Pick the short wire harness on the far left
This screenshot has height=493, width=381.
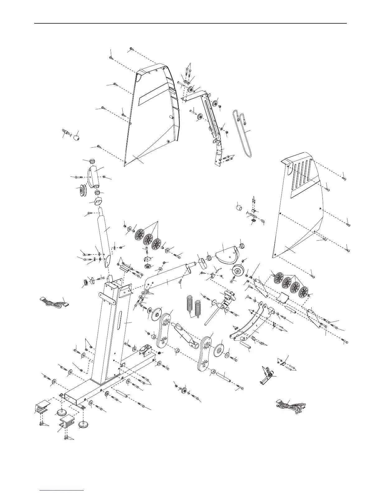pos(54,302)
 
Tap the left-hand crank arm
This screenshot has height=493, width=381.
pos(164,331)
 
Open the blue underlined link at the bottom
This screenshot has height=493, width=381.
pos(62,491)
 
